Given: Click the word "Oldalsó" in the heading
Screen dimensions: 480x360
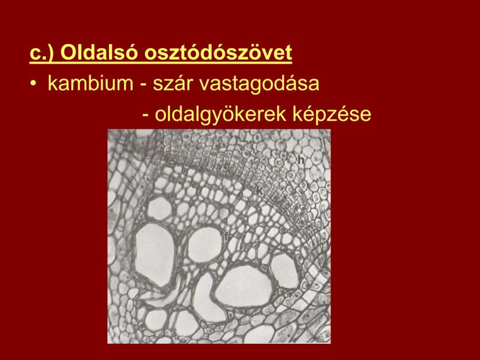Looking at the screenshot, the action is pos(100,53).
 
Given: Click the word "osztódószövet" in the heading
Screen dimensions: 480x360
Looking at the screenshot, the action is pos(219,53).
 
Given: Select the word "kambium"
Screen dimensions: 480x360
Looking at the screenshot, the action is pos(90,83).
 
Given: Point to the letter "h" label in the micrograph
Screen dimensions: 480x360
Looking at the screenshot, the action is pos(301,159).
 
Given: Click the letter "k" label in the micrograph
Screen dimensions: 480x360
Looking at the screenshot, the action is pos(260,191).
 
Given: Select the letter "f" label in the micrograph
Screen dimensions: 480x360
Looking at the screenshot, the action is pos(226,237).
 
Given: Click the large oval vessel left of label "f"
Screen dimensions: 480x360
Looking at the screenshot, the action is pos(155,254).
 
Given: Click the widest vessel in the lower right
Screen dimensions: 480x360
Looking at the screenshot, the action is pos(244,286).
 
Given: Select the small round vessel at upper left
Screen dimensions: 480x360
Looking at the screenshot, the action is pos(160,209).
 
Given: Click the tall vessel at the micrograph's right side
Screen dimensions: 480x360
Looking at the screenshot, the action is pos(285,271).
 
